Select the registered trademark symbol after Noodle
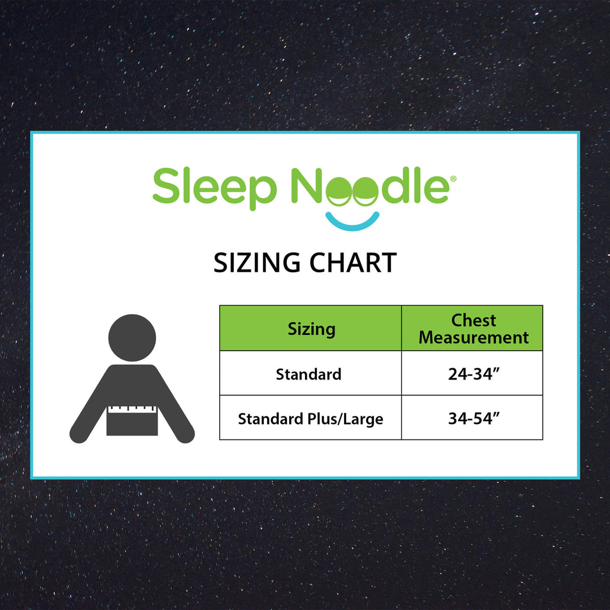click(453, 178)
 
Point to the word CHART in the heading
click(351, 263)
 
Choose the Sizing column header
click(311, 329)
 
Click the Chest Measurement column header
click(473, 329)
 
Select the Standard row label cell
click(309, 374)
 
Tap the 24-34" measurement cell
click(472, 374)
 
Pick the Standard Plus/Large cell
click(310, 419)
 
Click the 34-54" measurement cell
click(472, 419)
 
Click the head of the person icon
click(132, 338)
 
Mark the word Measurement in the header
click(473, 338)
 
